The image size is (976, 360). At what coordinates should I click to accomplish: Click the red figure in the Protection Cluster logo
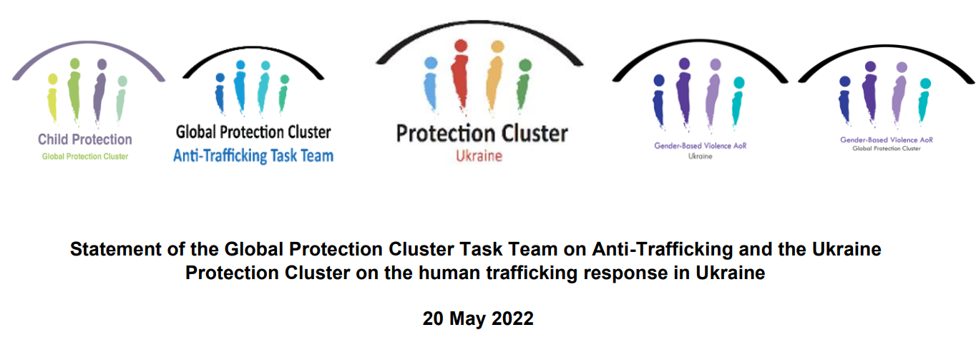point(461,77)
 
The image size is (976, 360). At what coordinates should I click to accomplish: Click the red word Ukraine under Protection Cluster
point(479,155)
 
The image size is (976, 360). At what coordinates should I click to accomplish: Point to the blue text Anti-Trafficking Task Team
point(253,155)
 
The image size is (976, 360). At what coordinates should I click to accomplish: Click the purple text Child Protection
point(85,139)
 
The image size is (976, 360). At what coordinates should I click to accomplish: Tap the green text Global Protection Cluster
point(85,157)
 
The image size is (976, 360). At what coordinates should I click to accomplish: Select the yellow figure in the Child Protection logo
point(52,98)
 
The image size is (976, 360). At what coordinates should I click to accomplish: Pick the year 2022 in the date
point(512,318)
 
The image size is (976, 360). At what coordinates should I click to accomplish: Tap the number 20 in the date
point(433,318)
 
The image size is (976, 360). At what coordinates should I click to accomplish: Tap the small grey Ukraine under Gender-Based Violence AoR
point(701,156)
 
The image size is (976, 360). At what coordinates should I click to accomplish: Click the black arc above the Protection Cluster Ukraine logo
point(479,21)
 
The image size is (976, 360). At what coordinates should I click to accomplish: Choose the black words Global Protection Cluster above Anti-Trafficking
point(253,132)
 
